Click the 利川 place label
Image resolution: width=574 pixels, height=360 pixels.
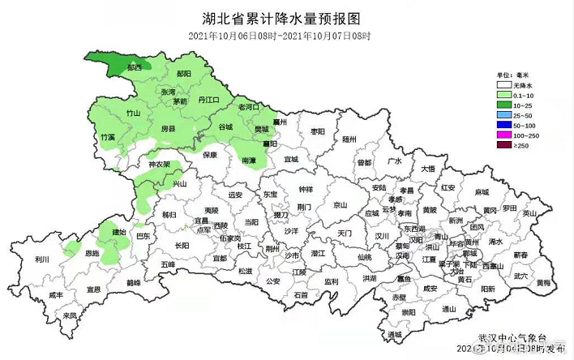[x=41, y=259]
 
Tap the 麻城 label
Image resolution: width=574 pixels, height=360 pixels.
[x=482, y=192]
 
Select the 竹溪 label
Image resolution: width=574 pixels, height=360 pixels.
[x=107, y=138]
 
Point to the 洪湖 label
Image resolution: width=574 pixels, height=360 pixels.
[x=370, y=278]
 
